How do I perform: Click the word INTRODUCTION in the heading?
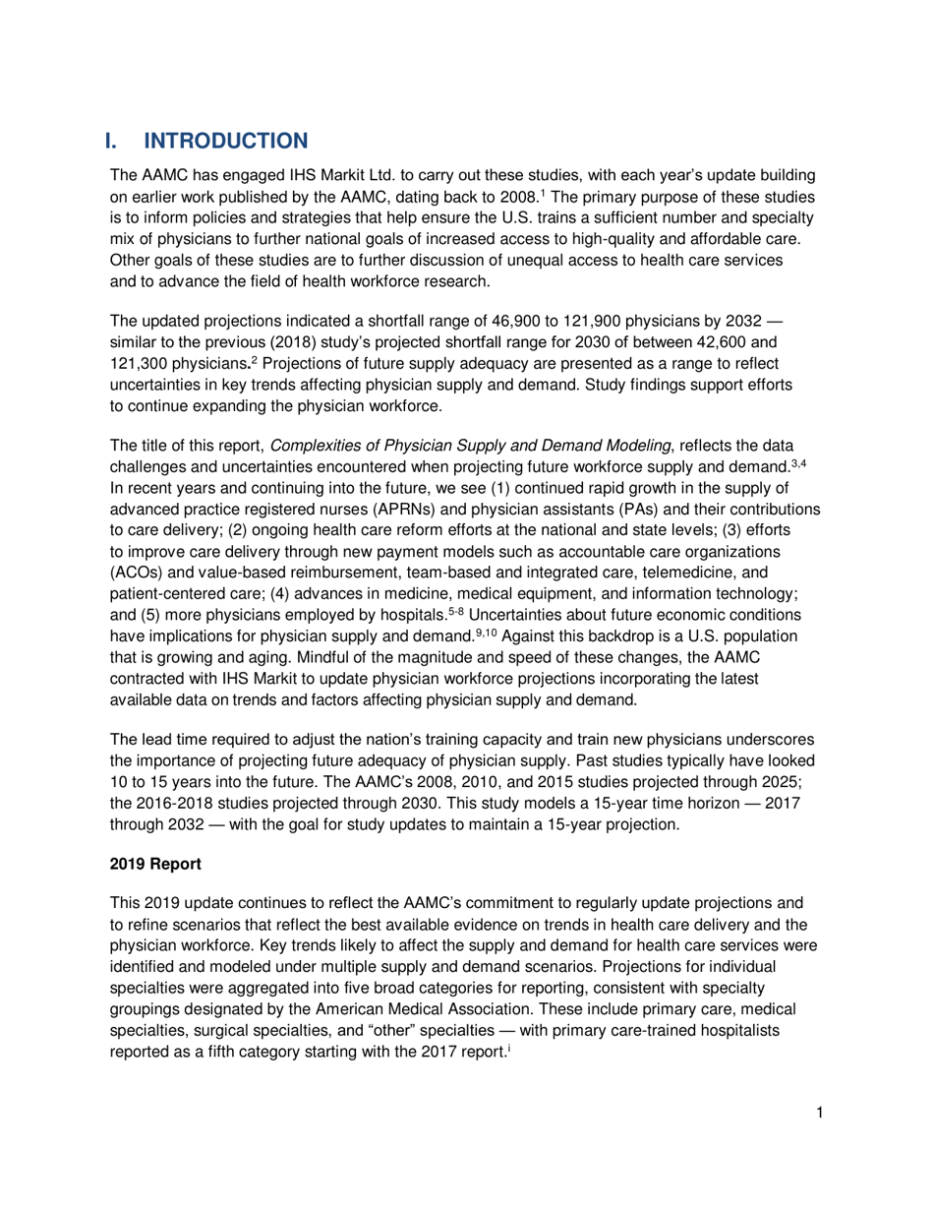(225, 142)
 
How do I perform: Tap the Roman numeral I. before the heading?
(115, 142)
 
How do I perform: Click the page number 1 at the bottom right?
(818, 1114)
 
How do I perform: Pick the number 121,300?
(143, 366)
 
